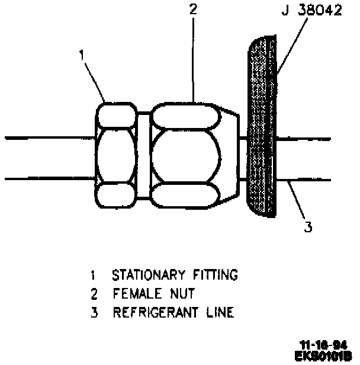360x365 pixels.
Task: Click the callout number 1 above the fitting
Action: (83, 56)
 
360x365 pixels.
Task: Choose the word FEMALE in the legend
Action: (132, 294)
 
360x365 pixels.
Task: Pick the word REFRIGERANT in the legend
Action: (153, 313)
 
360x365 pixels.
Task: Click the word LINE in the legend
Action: (218, 313)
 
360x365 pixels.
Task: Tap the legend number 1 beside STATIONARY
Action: (92, 275)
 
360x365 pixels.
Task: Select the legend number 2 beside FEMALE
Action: (92, 294)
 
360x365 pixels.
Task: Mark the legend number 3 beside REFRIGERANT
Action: (92, 313)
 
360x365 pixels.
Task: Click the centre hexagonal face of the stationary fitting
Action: (118, 156)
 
